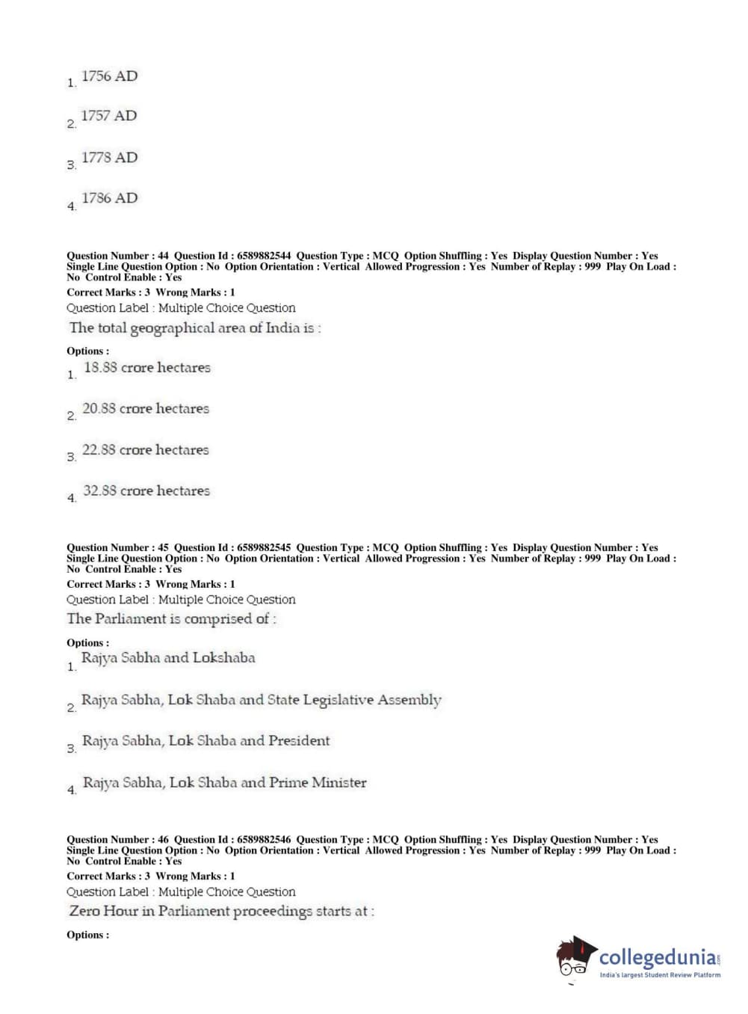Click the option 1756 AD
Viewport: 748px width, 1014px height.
pos(109,76)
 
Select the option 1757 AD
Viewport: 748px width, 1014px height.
pos(109,116)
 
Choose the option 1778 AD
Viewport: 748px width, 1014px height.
pos(109,158)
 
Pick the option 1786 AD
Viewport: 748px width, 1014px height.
pos(109,198)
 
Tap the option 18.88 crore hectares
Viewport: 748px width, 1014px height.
pos(146,367)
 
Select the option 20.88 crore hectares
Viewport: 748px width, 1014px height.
pos(146,408)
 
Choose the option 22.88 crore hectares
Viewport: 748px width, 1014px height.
pos(146,449)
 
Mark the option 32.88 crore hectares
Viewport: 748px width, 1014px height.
pos(146,491)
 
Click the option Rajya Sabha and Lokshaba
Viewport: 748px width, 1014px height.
pos(168,658)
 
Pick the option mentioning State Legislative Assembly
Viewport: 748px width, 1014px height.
pos(261,700)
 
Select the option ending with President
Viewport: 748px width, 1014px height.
pos(205,741)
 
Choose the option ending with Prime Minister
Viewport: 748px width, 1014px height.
pos(224,783)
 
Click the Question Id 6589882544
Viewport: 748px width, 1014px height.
pos(264,256)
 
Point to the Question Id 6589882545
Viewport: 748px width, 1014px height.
pos(264,547)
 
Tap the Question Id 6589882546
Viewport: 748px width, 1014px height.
pos(264,840)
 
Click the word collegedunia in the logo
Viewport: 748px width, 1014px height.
pos(657,957)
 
